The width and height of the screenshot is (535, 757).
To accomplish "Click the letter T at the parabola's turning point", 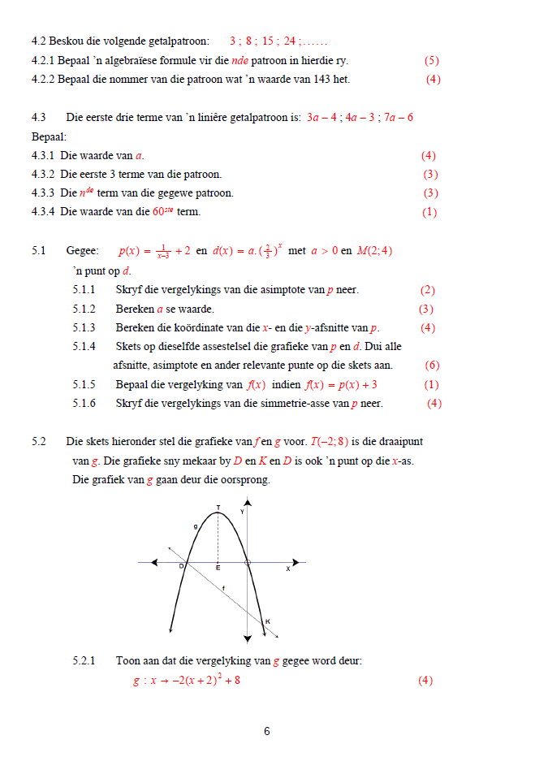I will (218, 508).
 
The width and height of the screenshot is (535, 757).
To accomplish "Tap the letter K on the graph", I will (268, 622).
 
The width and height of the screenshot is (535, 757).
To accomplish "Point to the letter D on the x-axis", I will (180, 567).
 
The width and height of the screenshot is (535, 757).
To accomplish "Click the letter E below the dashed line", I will (218, 568).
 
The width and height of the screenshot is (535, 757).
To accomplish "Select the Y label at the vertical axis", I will (241, 512).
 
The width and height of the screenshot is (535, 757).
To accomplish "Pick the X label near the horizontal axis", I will (287, 569).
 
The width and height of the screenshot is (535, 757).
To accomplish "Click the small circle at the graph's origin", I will (247, 561).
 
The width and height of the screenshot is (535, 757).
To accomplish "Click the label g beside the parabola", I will (195, 526).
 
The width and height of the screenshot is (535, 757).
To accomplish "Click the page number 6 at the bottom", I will (267, 731).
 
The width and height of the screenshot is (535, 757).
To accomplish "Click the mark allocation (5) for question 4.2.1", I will (431, 60).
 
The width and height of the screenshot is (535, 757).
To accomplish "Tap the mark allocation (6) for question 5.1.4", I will (432, 366).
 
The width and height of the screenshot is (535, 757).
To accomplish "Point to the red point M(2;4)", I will (374, 251).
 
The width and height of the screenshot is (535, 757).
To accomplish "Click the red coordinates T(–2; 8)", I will (329, 442).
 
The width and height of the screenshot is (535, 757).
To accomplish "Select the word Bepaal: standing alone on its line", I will (49, 136).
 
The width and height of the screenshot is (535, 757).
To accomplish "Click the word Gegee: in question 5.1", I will (83, 252).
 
